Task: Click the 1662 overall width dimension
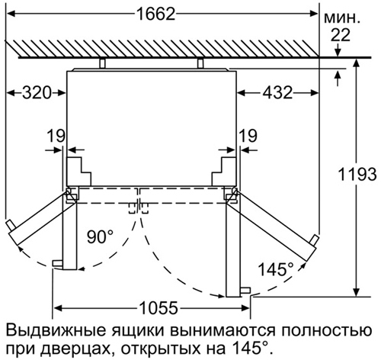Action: pyautogui.click(x=156, y=14)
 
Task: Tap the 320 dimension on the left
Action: pyautogui.click(x=37, y=93)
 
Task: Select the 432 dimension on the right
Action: pyautogui.click(x=277, y=93)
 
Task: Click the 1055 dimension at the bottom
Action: pyautogui.click(x=158, y=308)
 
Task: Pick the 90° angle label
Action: pyautogui.click(x=100, y=236)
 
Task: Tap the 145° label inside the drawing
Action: pyautogui.click(x=276, y=269)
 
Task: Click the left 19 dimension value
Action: pyautogui.click(x=56, y=136)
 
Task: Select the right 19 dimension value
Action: pyautogui.click(x=248, y=136)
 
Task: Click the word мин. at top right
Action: pyautogui.click(x=342, y=19)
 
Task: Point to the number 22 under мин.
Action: pyautogui.click(x=341, y=35)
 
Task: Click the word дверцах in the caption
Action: pyautogui.click(x=76, y=350)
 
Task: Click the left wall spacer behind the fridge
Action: pyautogui.click(x=102, y=63)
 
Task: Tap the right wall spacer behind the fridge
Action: pyautogui.click(x=200, y=63)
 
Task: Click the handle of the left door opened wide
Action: pyautogui.click(x=10, y=226)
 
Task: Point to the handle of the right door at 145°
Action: pyautogui.click(x=315, y=240)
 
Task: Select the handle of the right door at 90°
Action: pyautogui.click(x=245, y=291)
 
